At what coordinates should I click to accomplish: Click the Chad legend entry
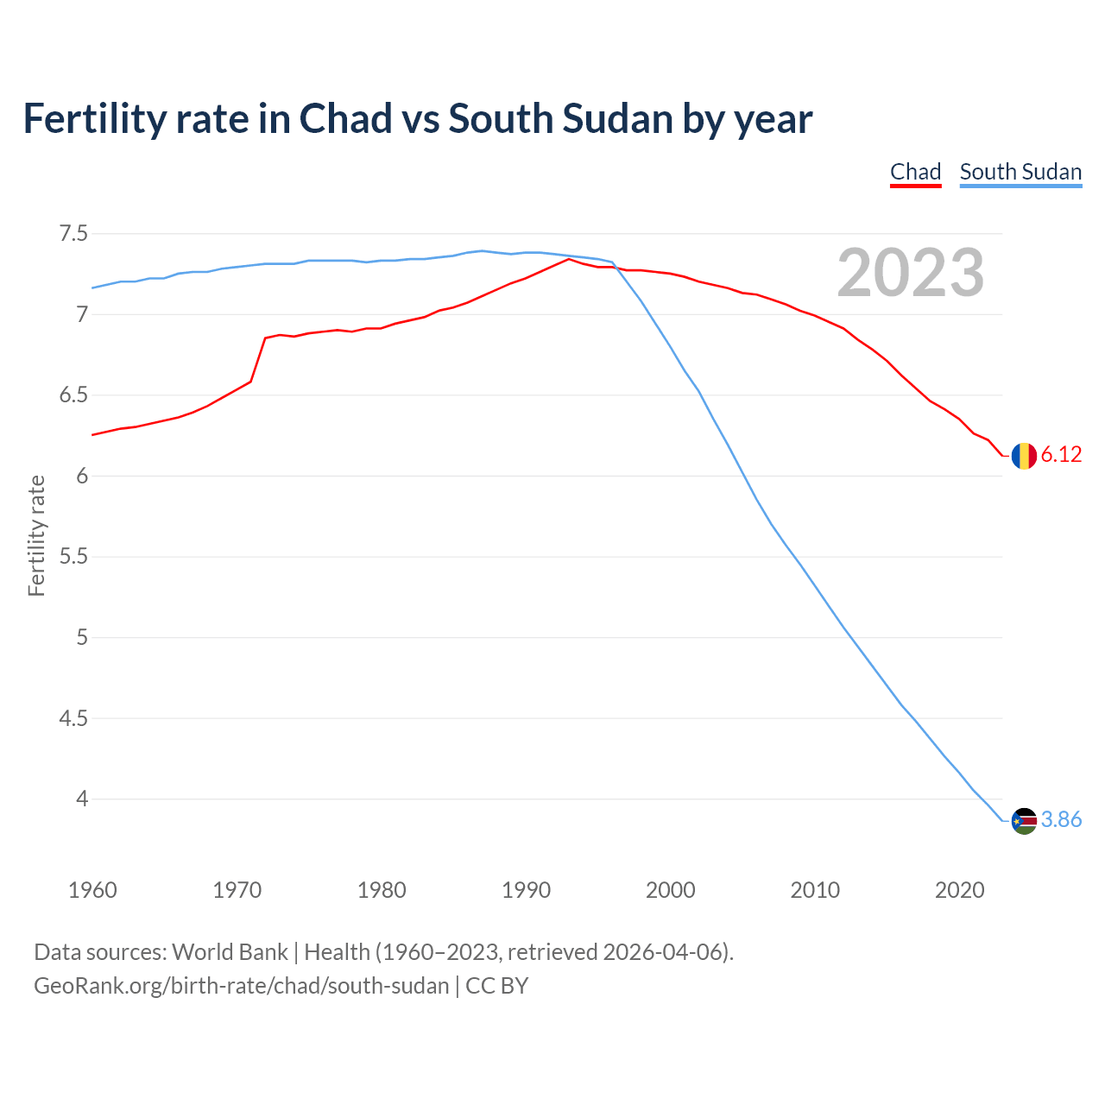(915, 172)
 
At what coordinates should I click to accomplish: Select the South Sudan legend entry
(1020, 172)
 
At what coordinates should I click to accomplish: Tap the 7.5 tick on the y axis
(73, 234)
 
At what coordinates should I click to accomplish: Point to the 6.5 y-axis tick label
(73, 395)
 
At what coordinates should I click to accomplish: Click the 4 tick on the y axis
(82, 799)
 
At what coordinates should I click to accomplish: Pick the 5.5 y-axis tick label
(73, 557)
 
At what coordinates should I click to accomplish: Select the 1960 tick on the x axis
(92, 890)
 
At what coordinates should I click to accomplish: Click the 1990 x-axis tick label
(526, 890)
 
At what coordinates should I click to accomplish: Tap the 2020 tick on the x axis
(959, 890)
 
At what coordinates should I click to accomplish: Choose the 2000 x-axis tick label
(670, 890)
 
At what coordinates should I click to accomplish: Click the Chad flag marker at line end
(1024, 455)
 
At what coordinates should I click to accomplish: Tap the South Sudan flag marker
(1024, 820)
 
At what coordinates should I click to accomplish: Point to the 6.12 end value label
(1061, 455)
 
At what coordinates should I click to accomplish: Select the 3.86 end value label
(1061, 820)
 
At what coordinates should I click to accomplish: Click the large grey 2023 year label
(910, 273)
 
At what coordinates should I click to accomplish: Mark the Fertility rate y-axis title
(36, 535)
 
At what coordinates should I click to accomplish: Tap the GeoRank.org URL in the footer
(241, 986)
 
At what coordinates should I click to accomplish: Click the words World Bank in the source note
(230, 952)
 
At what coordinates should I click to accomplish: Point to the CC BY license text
(496, 986)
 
